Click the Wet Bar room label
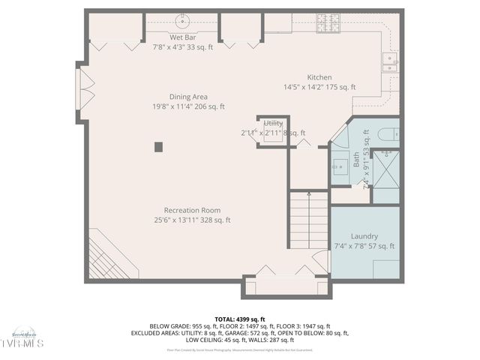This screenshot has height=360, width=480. click(x=182, y=37)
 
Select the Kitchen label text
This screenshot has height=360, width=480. click(x=319, y=77)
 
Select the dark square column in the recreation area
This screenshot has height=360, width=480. click(x=158, y=147)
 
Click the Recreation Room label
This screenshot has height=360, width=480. click(x=192, y=210)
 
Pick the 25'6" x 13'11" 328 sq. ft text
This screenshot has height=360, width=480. click(x=192, y=220)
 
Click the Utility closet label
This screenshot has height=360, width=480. click(x=273, y=123)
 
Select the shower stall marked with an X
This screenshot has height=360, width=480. click(x=385, y=168)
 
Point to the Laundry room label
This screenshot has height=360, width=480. click(x=364, y=236)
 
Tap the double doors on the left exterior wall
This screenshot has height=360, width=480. click(x=83, y=88)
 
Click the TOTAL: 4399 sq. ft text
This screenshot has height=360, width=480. click(x=239, y=319)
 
